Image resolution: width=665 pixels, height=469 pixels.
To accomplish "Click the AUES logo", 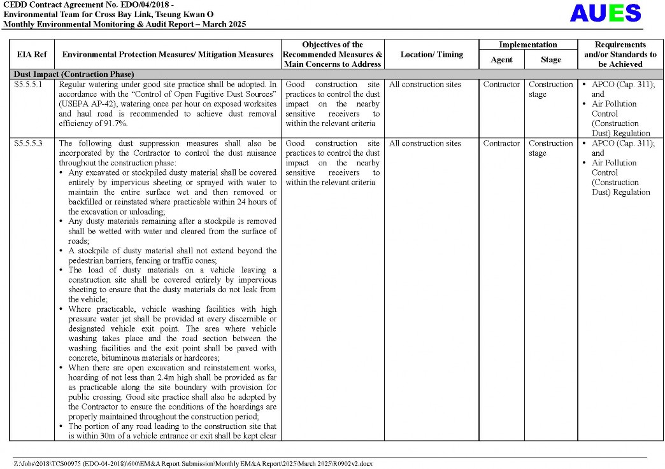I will coord(604,13).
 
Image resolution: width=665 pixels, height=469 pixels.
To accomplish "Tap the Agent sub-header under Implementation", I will coord(501,60).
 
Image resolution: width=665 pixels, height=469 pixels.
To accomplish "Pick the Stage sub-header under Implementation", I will coord(550,60).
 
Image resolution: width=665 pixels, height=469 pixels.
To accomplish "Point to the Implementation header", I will coord(527,45).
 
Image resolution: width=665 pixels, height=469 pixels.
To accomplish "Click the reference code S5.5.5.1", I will coord(29,85).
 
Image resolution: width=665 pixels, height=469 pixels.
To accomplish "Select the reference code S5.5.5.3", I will coord(29,144).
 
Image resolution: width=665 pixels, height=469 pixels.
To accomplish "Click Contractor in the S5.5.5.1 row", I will coord(501,85).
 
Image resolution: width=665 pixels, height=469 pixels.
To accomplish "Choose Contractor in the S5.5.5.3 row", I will coord(501,144).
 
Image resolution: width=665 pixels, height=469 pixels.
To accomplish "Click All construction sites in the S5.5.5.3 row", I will coord(425,144).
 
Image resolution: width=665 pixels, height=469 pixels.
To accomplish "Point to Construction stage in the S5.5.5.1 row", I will coord(550,89).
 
